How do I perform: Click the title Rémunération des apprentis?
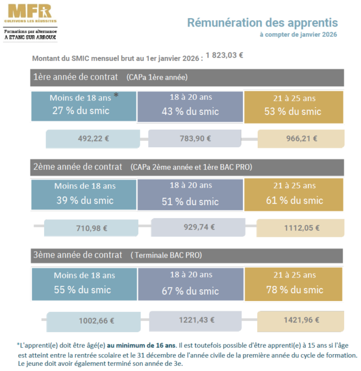262,23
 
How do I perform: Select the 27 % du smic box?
84,105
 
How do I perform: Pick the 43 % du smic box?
190,105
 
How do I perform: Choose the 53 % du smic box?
293,106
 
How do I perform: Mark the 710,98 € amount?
91,228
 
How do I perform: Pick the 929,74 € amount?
197,227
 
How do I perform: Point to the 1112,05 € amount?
301,228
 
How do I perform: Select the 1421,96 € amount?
301,320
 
